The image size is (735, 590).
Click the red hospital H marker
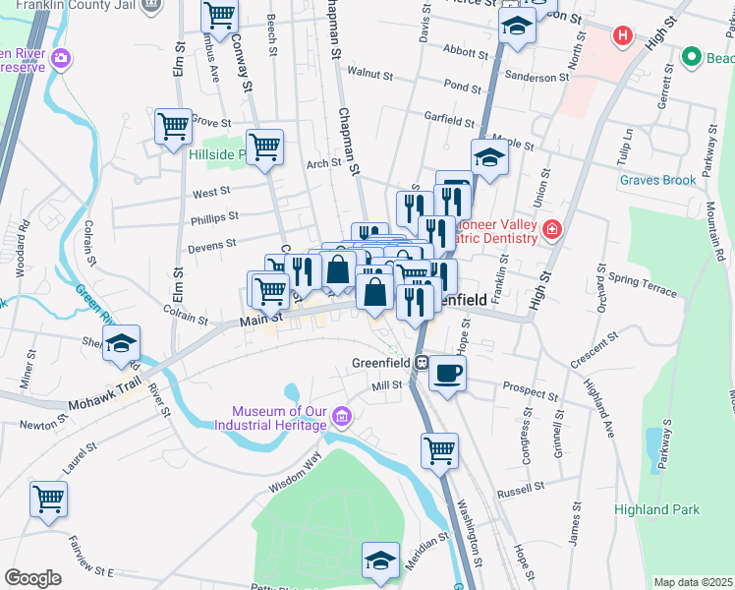click(x=621, y=36)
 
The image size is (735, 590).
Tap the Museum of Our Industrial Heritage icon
click(x=342, y=417)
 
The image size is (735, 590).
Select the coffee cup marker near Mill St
click(x=448, y=375)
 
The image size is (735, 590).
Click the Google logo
click(x=32, y=578)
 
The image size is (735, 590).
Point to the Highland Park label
click(x=656, y=509)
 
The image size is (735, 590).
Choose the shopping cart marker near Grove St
click(x=173, y=126)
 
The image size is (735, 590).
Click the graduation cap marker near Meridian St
click(x=380, y=560)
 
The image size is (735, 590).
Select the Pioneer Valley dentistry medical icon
click(x=552, y=230)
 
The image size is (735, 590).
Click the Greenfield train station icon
click(x=420, y=362)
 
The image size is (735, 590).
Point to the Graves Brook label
click(x=657, y=180)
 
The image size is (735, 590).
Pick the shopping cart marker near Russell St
click(x=439, y=451)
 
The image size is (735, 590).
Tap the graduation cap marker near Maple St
click(x=488, y=156)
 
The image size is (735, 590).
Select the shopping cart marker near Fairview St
click(x=48, y=499)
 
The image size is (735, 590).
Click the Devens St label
click(x=212, y=243)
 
